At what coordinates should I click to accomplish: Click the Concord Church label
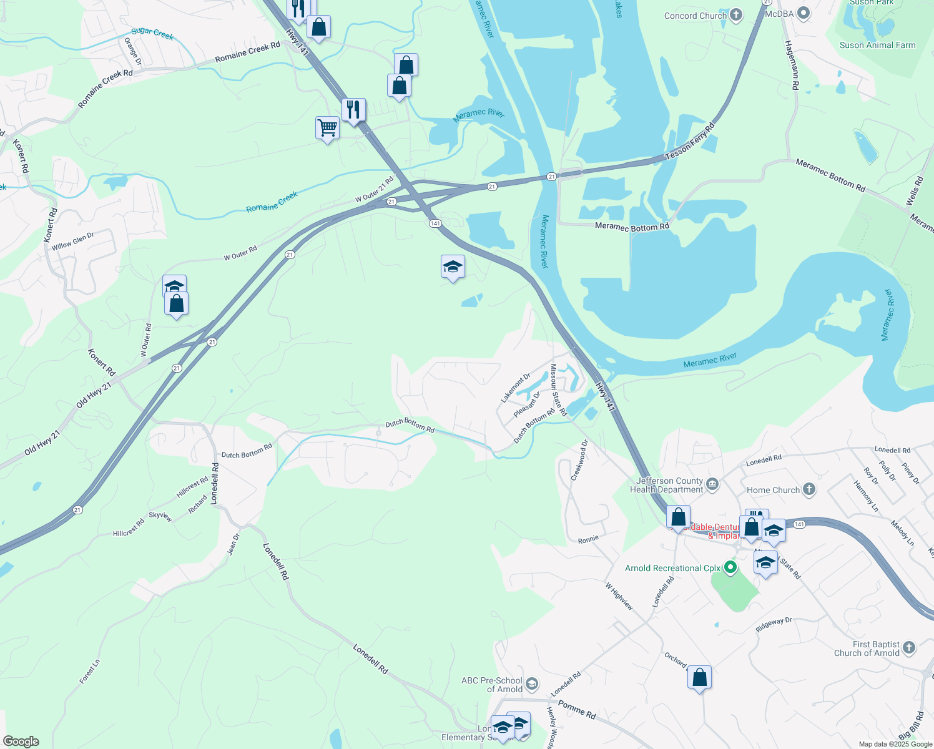(x=695, y=16)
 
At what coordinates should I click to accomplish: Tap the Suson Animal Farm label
(x=877, y=45)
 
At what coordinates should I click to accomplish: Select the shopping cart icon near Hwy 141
(x=328, y=127)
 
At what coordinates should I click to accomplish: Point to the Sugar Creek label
(x=152, y=33)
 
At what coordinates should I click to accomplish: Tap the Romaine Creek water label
(x=272, y=202)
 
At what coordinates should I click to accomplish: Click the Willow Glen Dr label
(x=72, y=242)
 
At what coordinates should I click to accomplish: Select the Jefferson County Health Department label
(x=667, y=485)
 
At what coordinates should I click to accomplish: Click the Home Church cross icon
(x=809, y=489)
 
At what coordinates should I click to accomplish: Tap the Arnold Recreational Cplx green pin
(x=730, y=568)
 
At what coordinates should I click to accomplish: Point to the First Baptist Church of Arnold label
(x=876, y=649)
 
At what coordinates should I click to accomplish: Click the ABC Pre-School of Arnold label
(x=492, y=685)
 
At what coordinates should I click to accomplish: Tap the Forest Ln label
(x=90, y=672)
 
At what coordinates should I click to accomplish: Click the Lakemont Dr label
(x=516, y=388)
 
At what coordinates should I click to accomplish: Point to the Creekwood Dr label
(x=579, y=461)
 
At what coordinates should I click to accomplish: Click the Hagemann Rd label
(x=791, y=66)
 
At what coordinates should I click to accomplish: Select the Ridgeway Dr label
(x=774, y=625)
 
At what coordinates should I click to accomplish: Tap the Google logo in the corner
(x=21, y=742)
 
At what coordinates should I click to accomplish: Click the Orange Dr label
(x=133, y=52)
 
